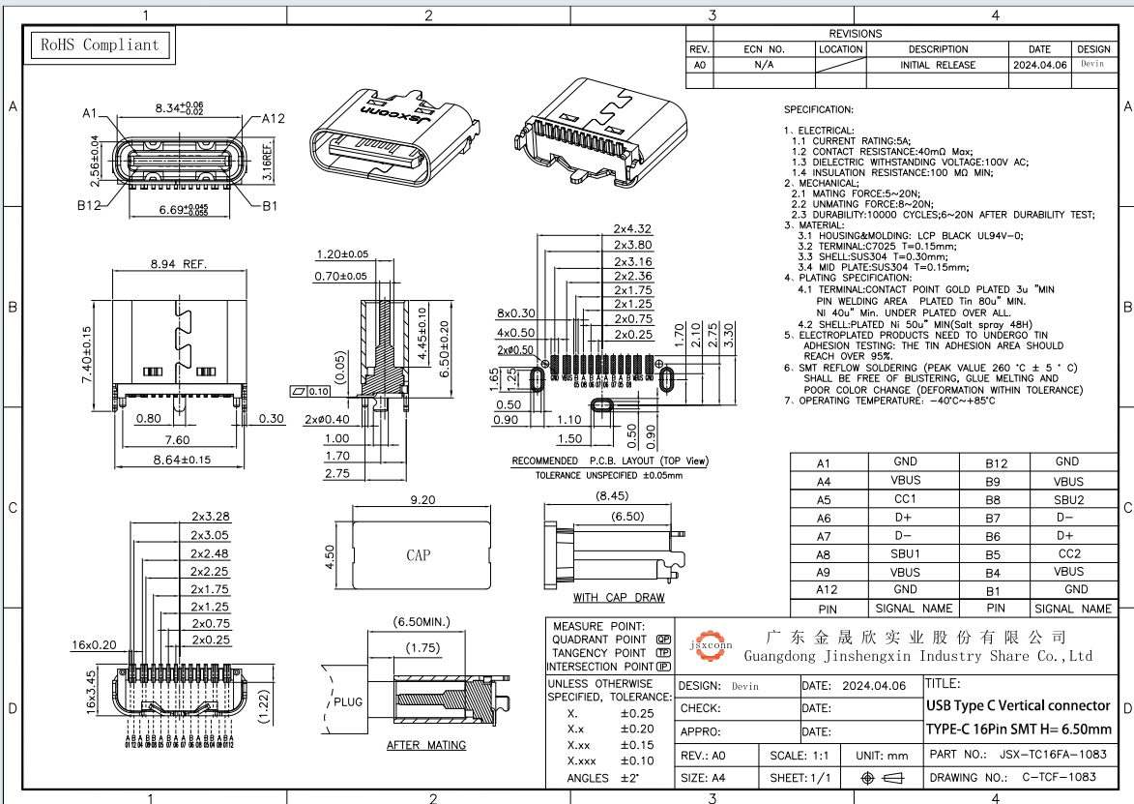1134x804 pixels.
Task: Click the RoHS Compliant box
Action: pos(97,45)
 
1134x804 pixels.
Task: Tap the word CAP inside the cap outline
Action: pos(418,555)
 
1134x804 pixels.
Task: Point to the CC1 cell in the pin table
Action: pos(905,500)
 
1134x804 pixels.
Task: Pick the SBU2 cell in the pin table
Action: pos(1068,500)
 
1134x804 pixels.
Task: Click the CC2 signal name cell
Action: pos(1068,554)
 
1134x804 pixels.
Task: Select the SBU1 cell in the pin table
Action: pos(905,554)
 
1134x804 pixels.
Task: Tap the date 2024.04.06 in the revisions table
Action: pos(1039,65)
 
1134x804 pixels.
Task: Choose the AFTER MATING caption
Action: pos(425,745)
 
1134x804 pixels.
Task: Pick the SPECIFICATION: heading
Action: pos(818,110)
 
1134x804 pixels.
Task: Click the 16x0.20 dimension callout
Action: pos(94,643)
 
